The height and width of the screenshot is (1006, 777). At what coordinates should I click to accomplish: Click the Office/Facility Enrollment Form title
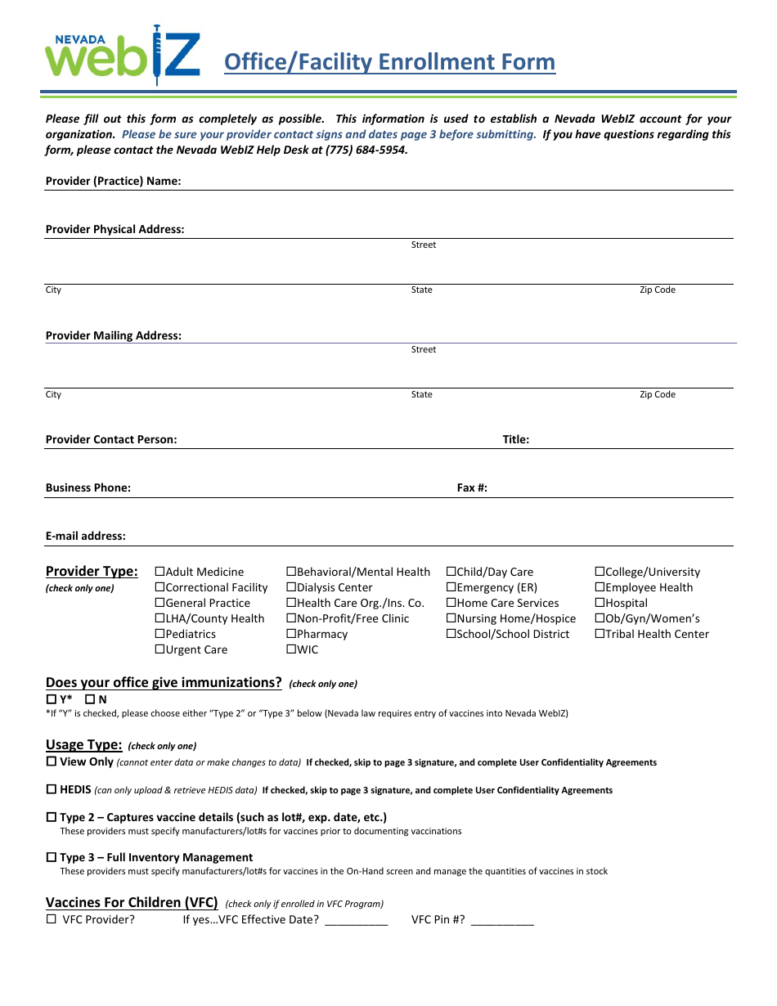389,62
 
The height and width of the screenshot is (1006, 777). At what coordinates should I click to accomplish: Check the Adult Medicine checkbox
160,573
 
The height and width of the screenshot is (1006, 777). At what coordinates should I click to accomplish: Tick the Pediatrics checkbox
160,635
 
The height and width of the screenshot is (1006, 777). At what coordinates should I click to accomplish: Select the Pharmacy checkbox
291,635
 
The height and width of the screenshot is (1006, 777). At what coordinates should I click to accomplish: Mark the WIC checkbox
291,650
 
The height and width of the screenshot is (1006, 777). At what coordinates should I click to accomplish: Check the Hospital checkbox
600,604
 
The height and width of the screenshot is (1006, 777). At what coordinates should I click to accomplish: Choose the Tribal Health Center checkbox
600,635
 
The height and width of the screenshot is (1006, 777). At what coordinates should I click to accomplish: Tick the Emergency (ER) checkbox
451,588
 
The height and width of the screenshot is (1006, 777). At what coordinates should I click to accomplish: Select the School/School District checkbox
451,635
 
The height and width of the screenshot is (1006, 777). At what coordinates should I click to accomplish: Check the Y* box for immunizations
51,700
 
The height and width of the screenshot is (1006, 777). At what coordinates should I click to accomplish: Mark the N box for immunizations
90,700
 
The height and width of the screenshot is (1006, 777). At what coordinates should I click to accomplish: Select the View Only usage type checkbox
51,762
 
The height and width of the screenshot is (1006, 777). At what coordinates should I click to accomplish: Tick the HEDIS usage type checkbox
51,790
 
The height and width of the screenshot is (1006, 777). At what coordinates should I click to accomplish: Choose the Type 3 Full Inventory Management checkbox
51,858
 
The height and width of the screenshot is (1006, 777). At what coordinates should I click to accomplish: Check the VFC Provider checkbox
51,919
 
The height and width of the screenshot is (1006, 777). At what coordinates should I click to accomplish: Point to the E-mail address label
86,537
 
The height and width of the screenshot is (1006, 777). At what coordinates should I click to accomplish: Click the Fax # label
472,488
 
